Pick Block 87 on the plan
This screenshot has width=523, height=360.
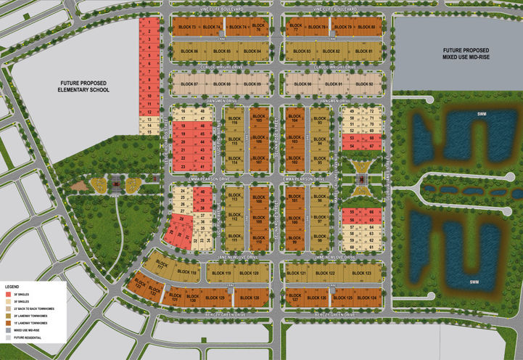(x=190, y=85)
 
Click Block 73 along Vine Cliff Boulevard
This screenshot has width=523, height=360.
(x=186, y=28)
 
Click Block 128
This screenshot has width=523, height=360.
(x=249, y=298)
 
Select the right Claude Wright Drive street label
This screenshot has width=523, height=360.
(x=331, y=67)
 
